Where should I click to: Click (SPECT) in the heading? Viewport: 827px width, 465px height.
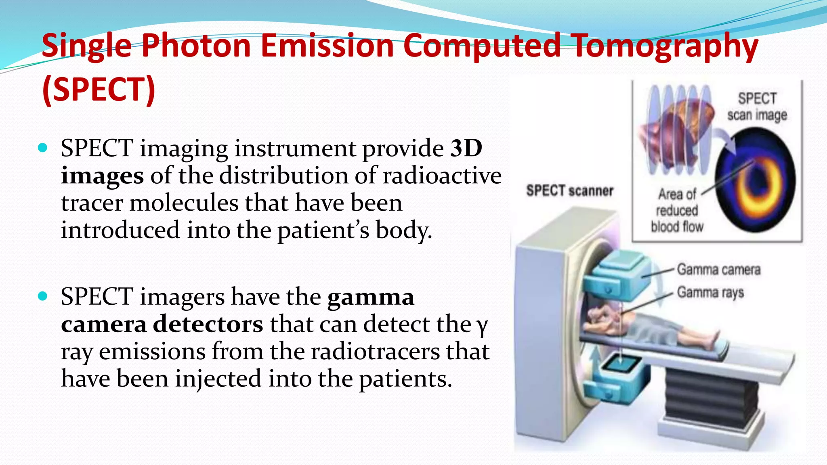coord(99,90)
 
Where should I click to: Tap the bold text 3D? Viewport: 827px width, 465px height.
coord(466,148)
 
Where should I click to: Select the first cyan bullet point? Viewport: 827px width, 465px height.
coord(42,148)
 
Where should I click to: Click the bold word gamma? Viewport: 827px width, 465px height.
coord(371,297)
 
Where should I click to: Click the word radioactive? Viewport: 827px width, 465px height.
coord(442,176)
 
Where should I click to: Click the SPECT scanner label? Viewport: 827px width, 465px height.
coord(569,191)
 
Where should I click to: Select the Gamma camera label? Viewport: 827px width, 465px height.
coord(718,269)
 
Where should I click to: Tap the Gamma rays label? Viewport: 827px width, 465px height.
coord(710,292)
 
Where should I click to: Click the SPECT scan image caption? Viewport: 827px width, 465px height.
coord(757,107)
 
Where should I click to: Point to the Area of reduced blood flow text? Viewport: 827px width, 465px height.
coord(677,210)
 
